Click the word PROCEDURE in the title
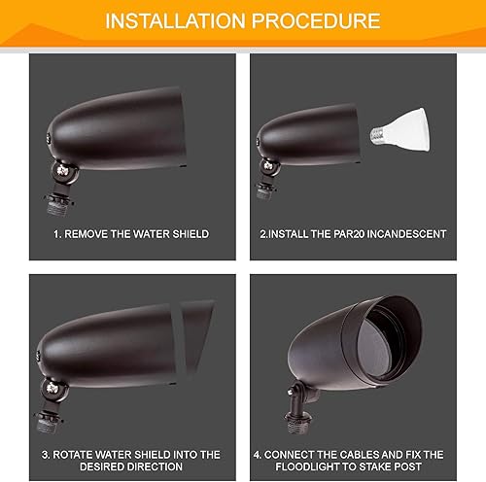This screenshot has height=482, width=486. tap(316, 20)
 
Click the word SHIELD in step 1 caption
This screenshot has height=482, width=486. tap(187, 234)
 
